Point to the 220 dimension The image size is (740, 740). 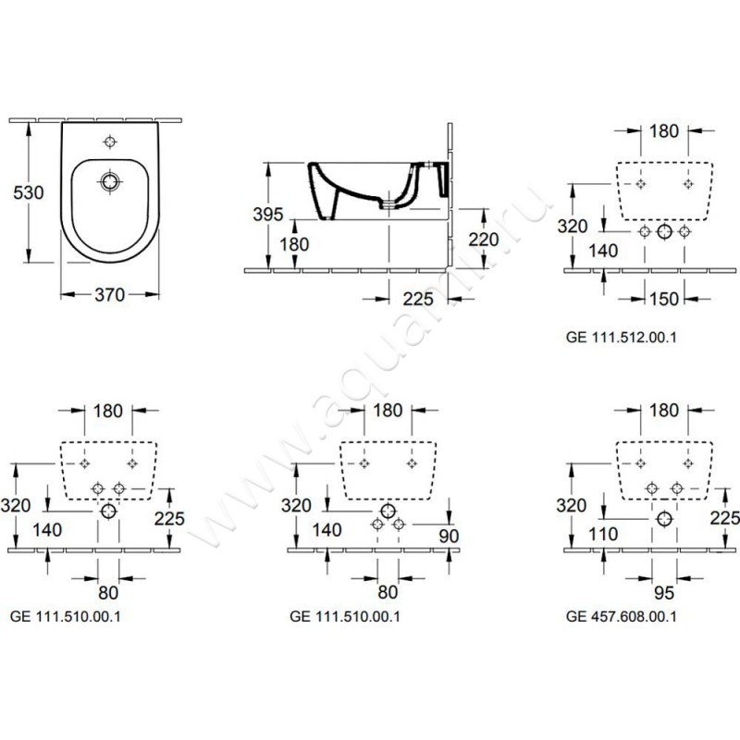[483, 240]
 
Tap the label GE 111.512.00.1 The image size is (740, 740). [622, 339]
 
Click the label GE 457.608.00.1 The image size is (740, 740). [622, 615]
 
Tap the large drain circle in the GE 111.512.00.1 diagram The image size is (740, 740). [664, 232]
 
